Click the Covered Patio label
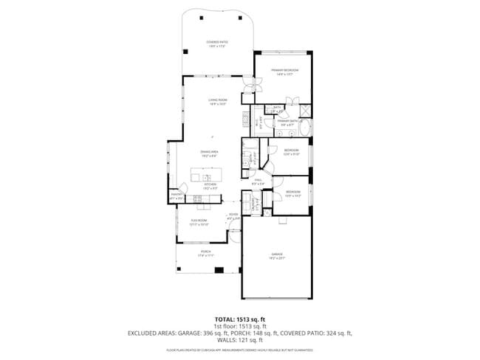tap(216, 44)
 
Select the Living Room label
tap(216, 101)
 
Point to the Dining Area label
tap(209, 152)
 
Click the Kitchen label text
tap(209, 186)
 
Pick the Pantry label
tap(176, 197)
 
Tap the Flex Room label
tap(199, 222)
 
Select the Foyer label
tap(233, 217)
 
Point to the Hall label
tap(259, 181)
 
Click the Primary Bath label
tap(288, 122)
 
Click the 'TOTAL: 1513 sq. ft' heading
tap(240, 319)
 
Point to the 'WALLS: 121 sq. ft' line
tap(240, 339)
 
